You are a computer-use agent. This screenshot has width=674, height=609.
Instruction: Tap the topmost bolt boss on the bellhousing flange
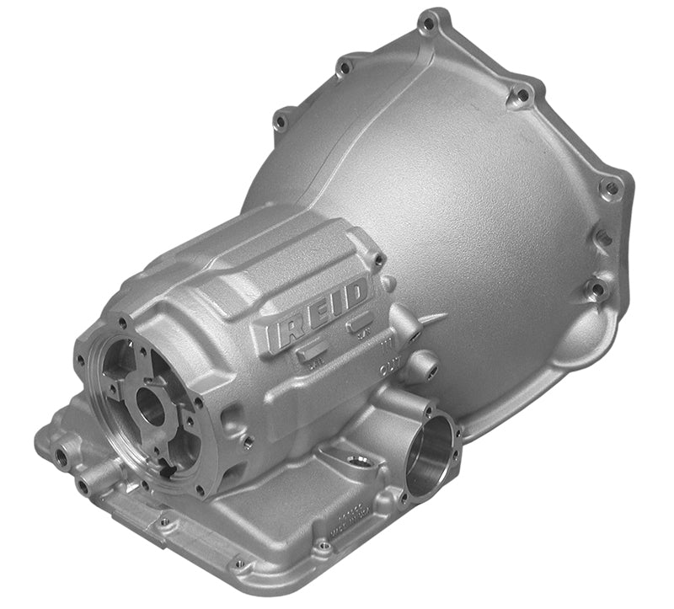[432, 19]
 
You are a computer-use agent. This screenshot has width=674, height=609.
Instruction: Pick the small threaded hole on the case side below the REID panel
[246, 441]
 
